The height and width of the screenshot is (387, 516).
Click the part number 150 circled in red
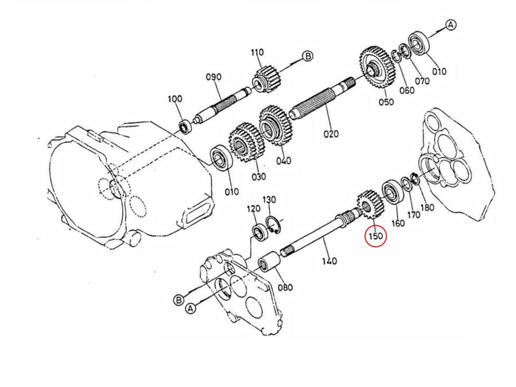click(x=376, y=236)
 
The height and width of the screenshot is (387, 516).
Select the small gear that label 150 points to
click(x=370, y=205)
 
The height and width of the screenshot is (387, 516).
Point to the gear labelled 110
click(x=266, y=80)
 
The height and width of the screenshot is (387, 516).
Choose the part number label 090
click(x=214, y=77)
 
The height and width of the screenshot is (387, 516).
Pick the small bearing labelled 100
click(x=186, y=126)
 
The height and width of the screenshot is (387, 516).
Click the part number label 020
click(x=331, y=134)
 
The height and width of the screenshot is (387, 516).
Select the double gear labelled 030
click(x=244, y=143)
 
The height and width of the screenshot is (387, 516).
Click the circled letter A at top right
click(x=450, y=25)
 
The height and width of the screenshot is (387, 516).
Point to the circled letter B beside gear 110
click(x=307, y=56)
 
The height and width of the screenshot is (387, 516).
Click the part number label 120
click(x=253, y=209)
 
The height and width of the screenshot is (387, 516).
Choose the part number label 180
click(x=427, y=207)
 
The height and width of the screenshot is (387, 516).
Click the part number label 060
click(x=407, y=90)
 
